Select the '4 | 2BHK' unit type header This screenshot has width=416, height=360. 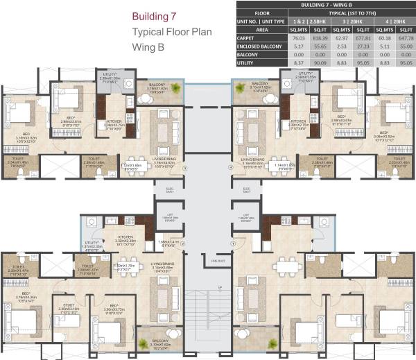392,22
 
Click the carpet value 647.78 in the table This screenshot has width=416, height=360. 404,40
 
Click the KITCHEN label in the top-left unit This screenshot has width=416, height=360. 114,121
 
